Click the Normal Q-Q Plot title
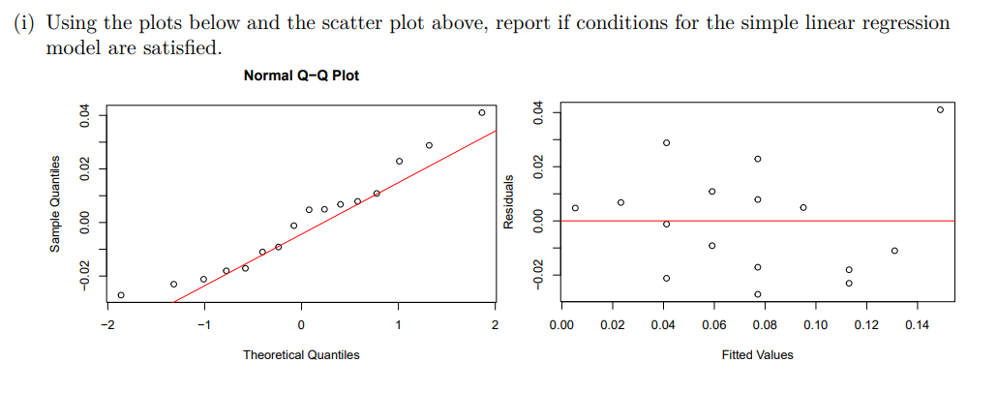tap(301, 76)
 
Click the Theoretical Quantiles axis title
tap(301, 355)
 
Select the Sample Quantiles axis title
tap(57, 204)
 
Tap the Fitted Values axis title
tap(757, 355)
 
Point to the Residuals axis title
tap(509, 204)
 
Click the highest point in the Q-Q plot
tap(481, 113)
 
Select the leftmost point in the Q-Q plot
tap(121, 295)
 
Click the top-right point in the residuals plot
tap(940, 109)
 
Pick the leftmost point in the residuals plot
tap(575, 208)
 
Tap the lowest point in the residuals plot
tap(758, 294)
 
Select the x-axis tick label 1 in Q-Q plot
tap(398, 324)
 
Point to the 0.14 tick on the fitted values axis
tap(917, 324)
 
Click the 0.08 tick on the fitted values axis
tap(764, 324)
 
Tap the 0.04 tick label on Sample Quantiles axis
tap(85, 116)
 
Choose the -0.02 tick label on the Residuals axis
tap(539, 276)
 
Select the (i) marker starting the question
tap(23, 22)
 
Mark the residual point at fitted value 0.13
tap(894, 251)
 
